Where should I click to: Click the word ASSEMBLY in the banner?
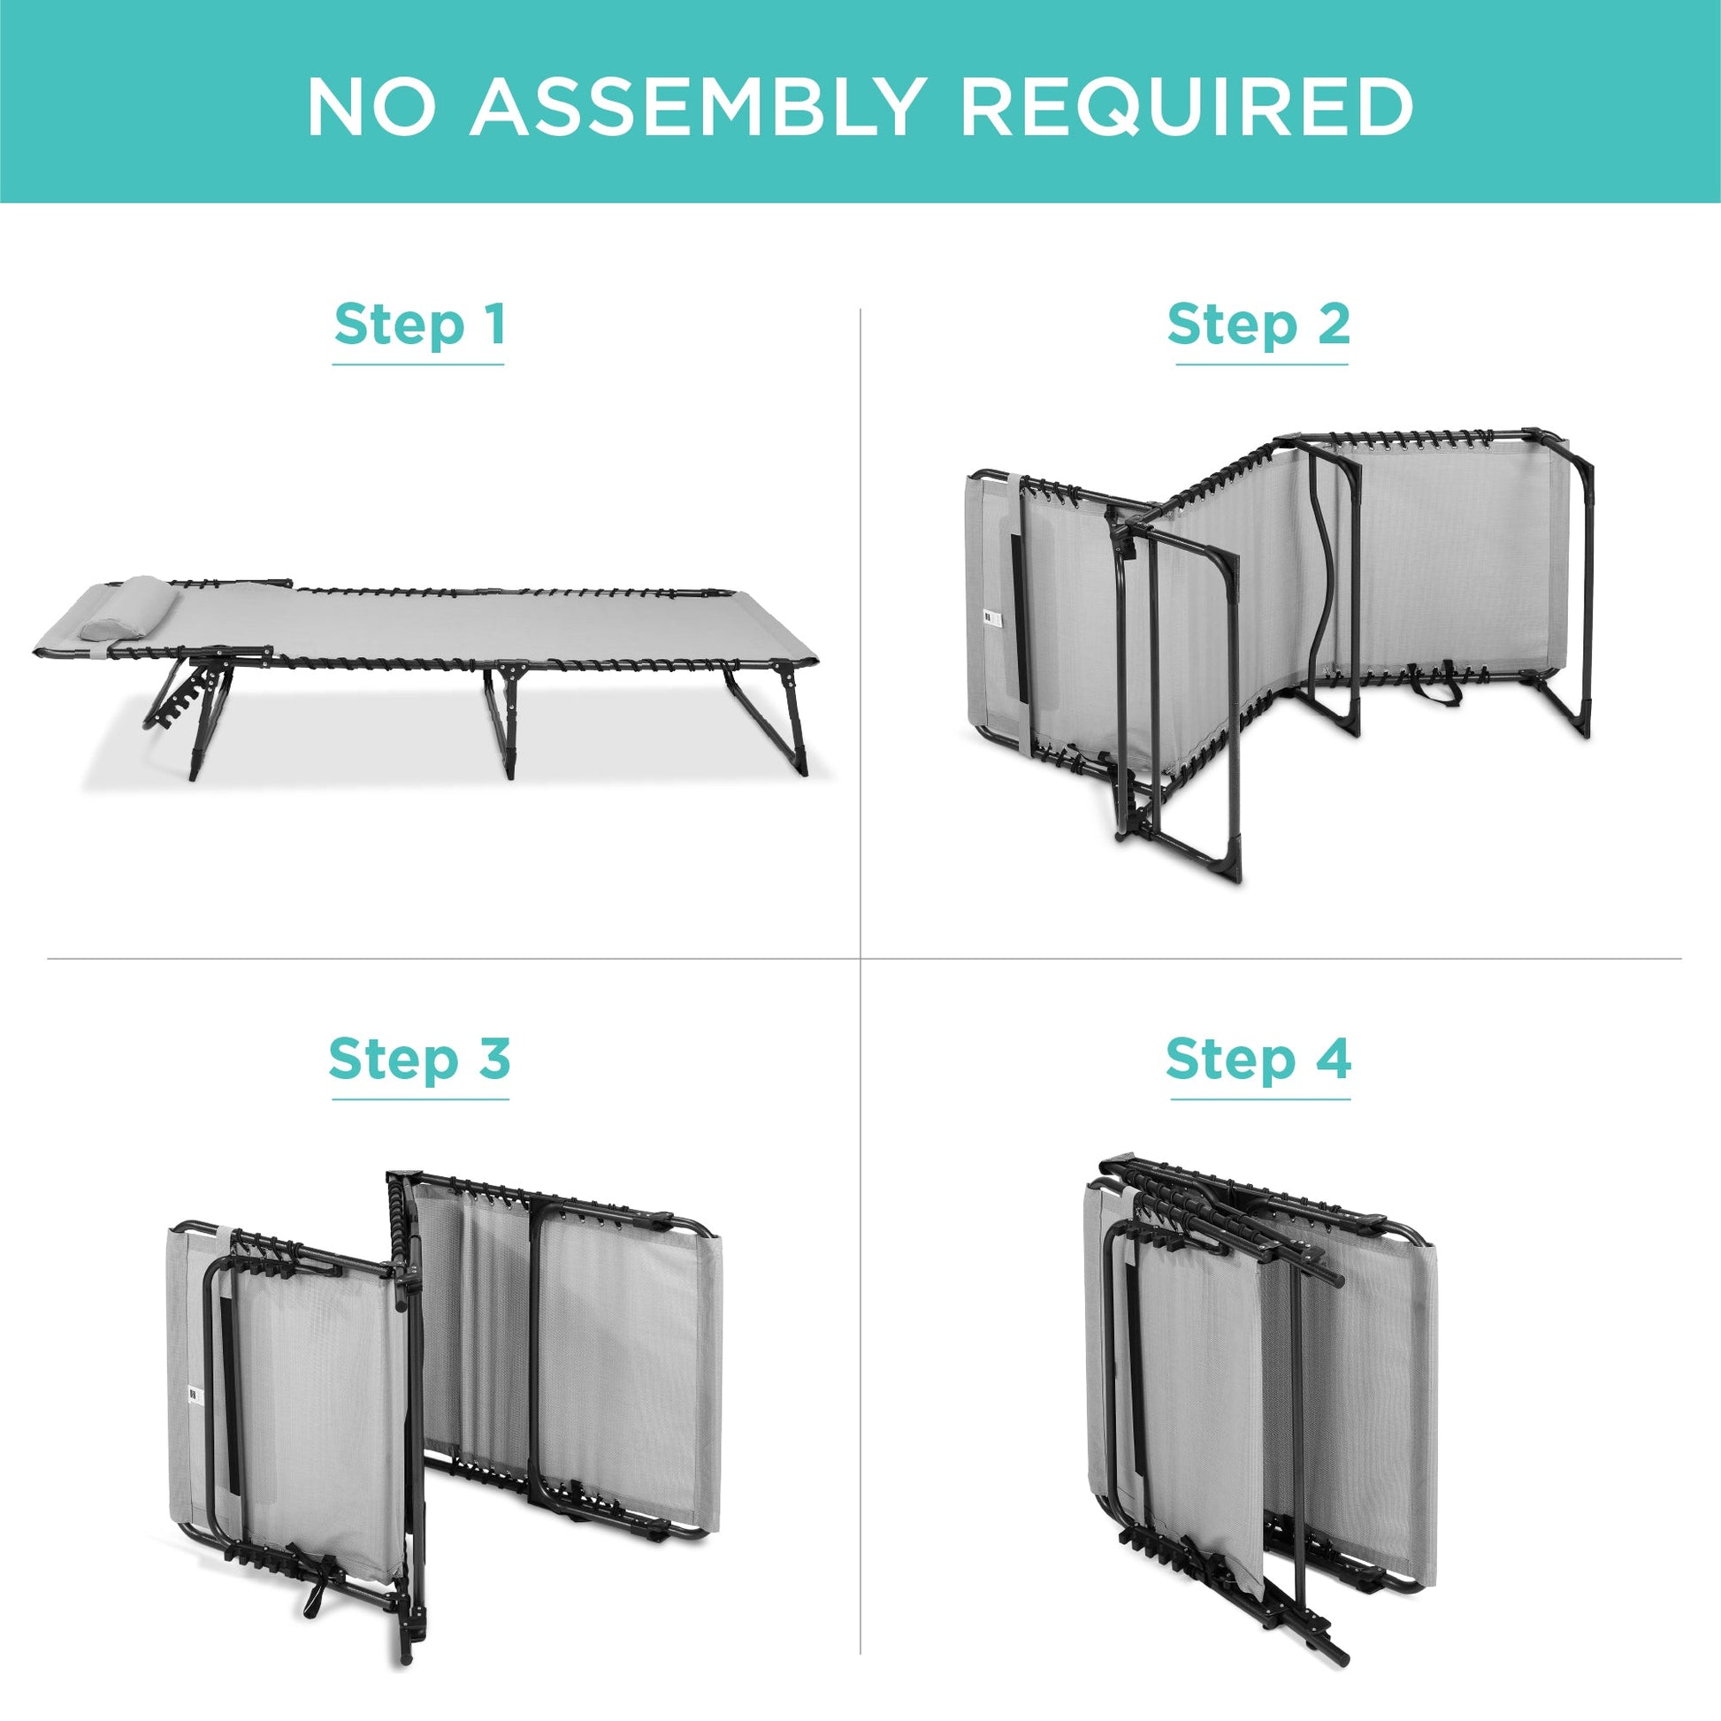(694, 107)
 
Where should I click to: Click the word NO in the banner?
(371, 107)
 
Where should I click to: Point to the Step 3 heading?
(419, 1059)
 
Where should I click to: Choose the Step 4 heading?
(1258, 1059)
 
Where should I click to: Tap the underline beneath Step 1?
(417, 364)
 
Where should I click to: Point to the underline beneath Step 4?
(1259, 1099)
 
